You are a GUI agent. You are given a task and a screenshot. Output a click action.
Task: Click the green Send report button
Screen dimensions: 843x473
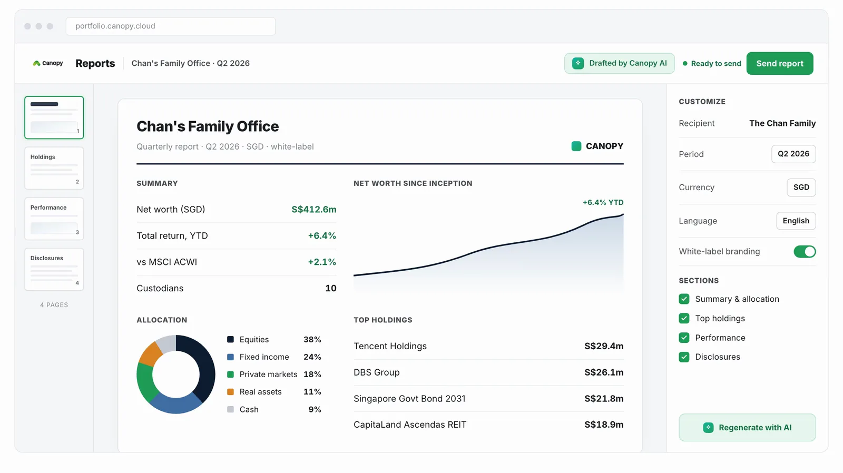(779, 63)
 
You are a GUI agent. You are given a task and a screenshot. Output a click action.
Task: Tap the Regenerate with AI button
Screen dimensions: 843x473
(747, 428)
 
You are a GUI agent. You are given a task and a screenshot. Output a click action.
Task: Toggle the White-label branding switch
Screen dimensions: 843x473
(805, 251)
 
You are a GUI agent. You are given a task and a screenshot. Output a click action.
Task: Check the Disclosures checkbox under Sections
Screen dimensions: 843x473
(684, 357)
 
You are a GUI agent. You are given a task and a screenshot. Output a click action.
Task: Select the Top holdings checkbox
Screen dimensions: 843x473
(684, 318)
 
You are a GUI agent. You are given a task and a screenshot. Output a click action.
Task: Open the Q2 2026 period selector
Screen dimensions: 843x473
(793, 154)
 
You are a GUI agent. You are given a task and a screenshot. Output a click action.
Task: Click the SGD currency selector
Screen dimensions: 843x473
(801, 188)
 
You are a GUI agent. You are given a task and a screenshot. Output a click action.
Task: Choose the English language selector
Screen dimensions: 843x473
(796, 221)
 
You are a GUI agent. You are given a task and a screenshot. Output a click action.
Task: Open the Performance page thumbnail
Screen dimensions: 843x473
(54, 219)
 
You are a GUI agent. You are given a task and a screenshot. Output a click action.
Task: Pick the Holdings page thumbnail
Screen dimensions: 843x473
(54, 168)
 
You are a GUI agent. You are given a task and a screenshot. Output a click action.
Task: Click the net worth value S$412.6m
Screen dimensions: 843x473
(314, 209)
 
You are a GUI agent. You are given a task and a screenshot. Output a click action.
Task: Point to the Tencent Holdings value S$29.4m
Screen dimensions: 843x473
(604, 346)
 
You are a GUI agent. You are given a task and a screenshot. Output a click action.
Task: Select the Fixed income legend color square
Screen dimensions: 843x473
(230, 357)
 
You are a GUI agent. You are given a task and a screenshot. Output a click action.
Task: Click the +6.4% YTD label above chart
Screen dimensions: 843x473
(603, 202)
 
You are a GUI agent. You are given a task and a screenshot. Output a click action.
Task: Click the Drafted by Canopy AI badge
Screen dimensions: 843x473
(620, 63)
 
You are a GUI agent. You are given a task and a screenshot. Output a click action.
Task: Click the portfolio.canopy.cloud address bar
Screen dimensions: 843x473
(171, 26)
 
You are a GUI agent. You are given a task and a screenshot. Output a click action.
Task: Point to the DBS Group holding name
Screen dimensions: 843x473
(376, 372)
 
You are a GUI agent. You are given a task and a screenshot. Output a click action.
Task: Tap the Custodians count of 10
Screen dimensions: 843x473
(330, 288)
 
